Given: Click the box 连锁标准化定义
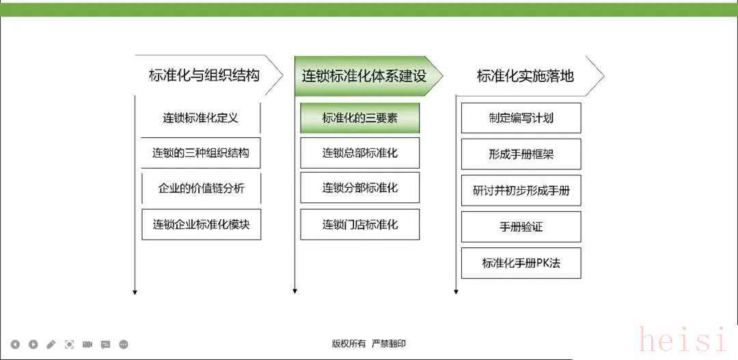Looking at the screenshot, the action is click(x=201, y=117).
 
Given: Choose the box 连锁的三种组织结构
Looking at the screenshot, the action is click(x=201, y=153).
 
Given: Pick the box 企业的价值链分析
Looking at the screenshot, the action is click(x=201, y=189).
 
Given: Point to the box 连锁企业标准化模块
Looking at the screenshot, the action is click(x=201, y=225).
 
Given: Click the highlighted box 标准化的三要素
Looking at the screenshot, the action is click(x=360, y=117).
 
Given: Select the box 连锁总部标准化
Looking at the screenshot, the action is click(x=360, y=153).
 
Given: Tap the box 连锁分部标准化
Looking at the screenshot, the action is click(x=360, y=188).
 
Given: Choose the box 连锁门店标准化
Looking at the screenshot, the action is click(x=360, y=225).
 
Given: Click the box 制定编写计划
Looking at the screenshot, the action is click(x=521, y=117).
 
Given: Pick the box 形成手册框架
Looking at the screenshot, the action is click(x=521, y=154).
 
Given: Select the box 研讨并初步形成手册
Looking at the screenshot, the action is click(x=521, y=191).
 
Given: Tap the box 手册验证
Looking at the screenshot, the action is click(x=521, y=227).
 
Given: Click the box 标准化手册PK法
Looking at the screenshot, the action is click(x=521, y=263).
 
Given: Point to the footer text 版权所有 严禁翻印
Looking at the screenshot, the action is click(x=368, y=344).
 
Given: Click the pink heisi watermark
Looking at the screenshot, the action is click(x=683, y=340).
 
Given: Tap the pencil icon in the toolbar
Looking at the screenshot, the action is click(x=51, y=344).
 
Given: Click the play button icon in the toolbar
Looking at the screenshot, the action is click(x=33, y=344).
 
